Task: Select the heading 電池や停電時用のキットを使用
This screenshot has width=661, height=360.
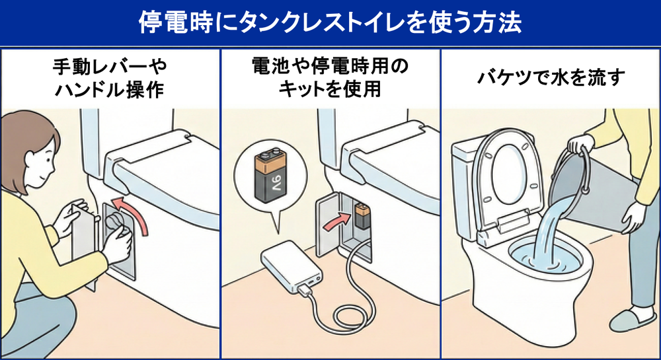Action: tap(330, 78)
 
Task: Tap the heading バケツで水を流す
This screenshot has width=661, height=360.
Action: tap(550, 77)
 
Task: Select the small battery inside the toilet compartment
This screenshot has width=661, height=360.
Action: tap(362, 215)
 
